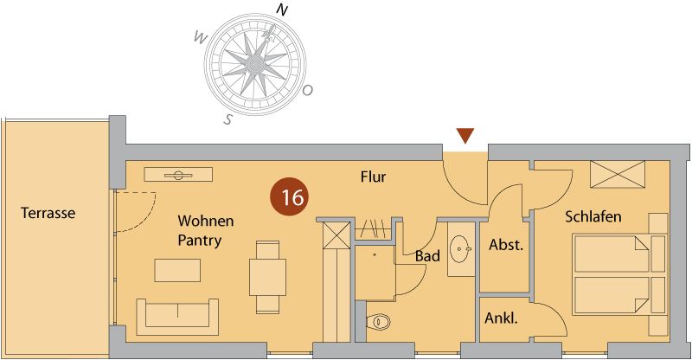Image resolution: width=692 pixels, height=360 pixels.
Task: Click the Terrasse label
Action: pos(49,213)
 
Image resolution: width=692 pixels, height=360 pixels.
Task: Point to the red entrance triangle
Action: pos(465,136)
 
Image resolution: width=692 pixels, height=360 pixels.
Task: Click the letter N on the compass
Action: pos(281,10)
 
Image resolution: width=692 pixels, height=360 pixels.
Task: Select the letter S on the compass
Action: pos(228,119)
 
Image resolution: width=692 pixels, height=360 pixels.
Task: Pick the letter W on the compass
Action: pos(200,37)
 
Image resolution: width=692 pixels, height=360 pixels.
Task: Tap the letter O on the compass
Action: pos(309,90)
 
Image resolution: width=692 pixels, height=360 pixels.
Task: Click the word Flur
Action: pos(373,177)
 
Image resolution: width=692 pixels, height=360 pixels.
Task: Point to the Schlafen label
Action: pos(593,216)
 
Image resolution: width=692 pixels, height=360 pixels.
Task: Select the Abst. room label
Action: pos(506,245)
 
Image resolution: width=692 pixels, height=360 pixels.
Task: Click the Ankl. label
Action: pos(501,318)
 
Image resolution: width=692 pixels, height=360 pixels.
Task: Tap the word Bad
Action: pos(427,257)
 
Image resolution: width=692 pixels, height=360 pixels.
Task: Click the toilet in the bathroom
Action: pos(378,322)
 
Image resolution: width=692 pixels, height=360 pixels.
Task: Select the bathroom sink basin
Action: pos(460,249)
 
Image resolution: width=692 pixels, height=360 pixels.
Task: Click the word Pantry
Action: pos(200,240)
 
